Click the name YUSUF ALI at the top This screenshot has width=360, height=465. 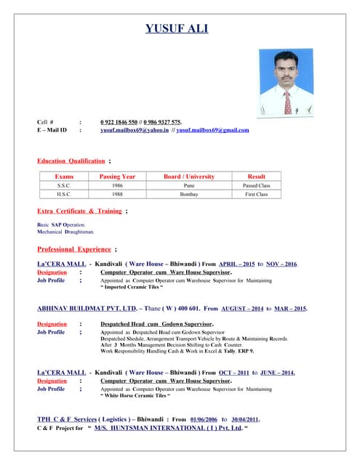[x=177, y=29]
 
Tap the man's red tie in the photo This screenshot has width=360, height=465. [x=287, y=102]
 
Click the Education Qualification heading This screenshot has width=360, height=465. [x=71, y=160]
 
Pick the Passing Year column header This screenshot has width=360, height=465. [x=117, y=177]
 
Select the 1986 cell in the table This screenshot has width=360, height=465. [x=117, y=185]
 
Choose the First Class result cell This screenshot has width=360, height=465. [x=256, y=194]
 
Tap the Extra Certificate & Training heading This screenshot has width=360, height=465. [x=79, y=211]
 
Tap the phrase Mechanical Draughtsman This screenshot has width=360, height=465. [x=65, y=232]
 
